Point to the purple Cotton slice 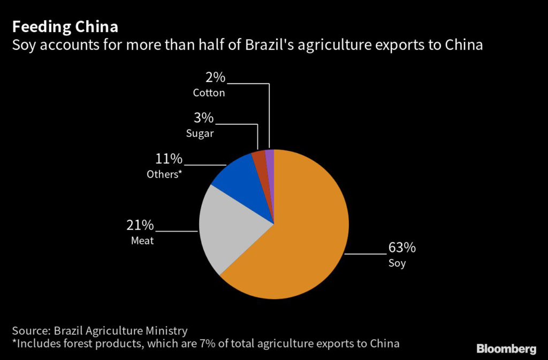coord(270,157)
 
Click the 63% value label coord(402,248)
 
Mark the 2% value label coord(215,78)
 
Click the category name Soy coord(397,263)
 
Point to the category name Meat coord(142,241)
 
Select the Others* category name coord(164,174)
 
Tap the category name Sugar coord(200,133)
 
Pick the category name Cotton coord(209,93)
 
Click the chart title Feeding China coord(65,26)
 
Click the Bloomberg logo coord(506,349)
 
